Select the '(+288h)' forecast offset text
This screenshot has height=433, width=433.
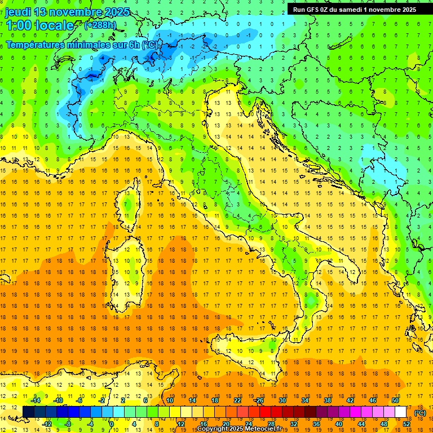tap(100, 25)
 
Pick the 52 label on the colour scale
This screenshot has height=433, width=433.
tap(407, 424)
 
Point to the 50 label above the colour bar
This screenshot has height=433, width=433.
tap(395, 400)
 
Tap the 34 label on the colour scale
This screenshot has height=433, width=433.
tap(305, 400)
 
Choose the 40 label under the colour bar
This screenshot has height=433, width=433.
tap(339, 424)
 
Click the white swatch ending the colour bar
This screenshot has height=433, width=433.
tap(401, 412)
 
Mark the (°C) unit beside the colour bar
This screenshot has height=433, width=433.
tap(420, 412)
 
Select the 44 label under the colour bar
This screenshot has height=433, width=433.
tap(361, 424)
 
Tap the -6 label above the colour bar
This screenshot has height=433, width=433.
tap(79, 400)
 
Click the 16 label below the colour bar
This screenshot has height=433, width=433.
tap(204, 424)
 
